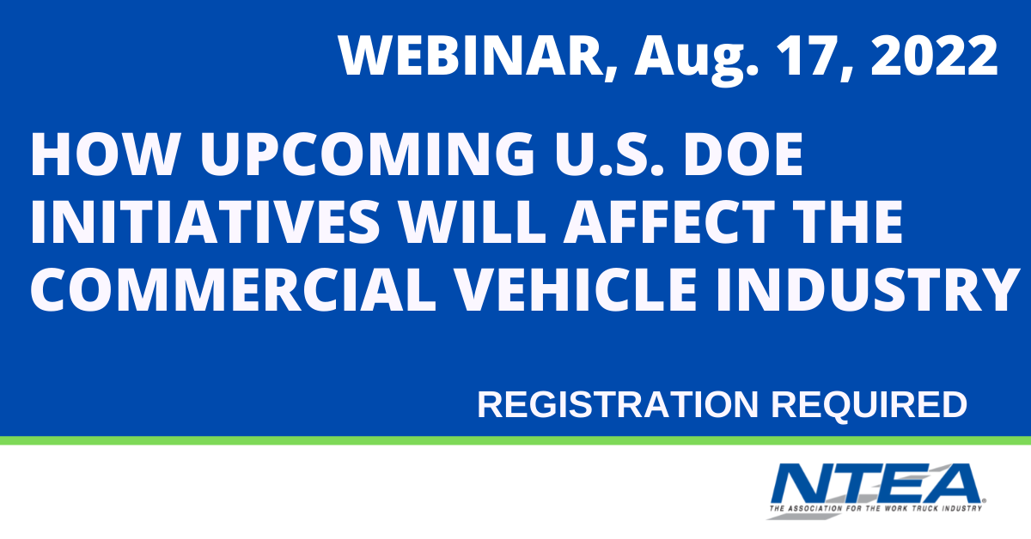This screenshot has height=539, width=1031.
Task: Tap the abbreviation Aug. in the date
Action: coord(696,60)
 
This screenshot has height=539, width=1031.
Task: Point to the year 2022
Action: coord(935,56)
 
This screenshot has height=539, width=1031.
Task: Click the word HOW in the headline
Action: coord(104,154)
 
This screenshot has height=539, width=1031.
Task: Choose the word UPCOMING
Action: coord(368,154)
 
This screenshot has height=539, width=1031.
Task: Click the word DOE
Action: coord(743,154)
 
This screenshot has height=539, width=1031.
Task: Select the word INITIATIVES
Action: coord(204,221)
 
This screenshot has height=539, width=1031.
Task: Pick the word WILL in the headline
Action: coord(473,221)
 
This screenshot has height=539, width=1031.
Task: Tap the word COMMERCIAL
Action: coord(233,289)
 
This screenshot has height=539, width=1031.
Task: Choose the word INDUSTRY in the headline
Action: coord(868,289)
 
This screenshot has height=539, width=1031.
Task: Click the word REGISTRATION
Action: coord(618,405)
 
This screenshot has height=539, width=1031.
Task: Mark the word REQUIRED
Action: coord(869,406)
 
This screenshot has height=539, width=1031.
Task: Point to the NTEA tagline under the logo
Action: coord(875,509)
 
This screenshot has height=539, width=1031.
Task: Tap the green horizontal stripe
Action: coord(515,440)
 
